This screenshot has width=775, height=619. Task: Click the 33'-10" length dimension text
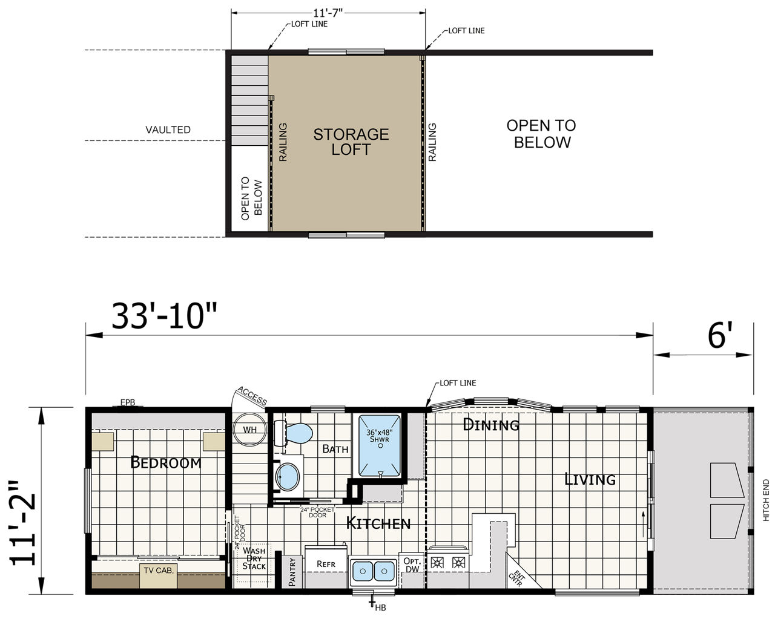click(164, 316)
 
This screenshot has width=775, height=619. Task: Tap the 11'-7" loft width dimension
click(328, 13)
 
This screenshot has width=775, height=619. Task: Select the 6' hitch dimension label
click(720, 336)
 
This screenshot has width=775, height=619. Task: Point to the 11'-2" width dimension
click(22, 523)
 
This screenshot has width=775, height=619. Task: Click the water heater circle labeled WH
click(249, 430)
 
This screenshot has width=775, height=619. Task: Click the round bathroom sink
click(287, 477)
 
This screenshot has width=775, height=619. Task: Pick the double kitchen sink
click(374, 571)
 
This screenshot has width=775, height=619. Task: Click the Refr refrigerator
click(326, 565)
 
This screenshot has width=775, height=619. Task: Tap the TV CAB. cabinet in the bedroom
click(159, 575)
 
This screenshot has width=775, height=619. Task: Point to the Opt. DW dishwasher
click(412, 565)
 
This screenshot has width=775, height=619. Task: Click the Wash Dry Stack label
click(254, 558)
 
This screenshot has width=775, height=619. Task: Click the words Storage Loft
click(351, 142)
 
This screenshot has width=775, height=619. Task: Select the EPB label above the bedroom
click(128, 402)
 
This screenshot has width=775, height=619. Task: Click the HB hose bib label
click(380, 608)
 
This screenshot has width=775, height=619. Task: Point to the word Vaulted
click(168, 129)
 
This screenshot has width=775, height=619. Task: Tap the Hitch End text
click(766, 500)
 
